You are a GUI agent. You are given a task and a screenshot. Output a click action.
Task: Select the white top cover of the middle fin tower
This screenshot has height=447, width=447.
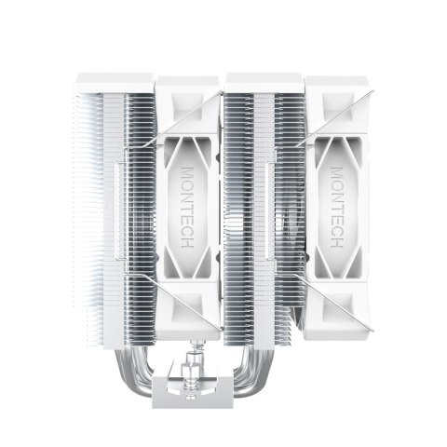pos(264,83)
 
